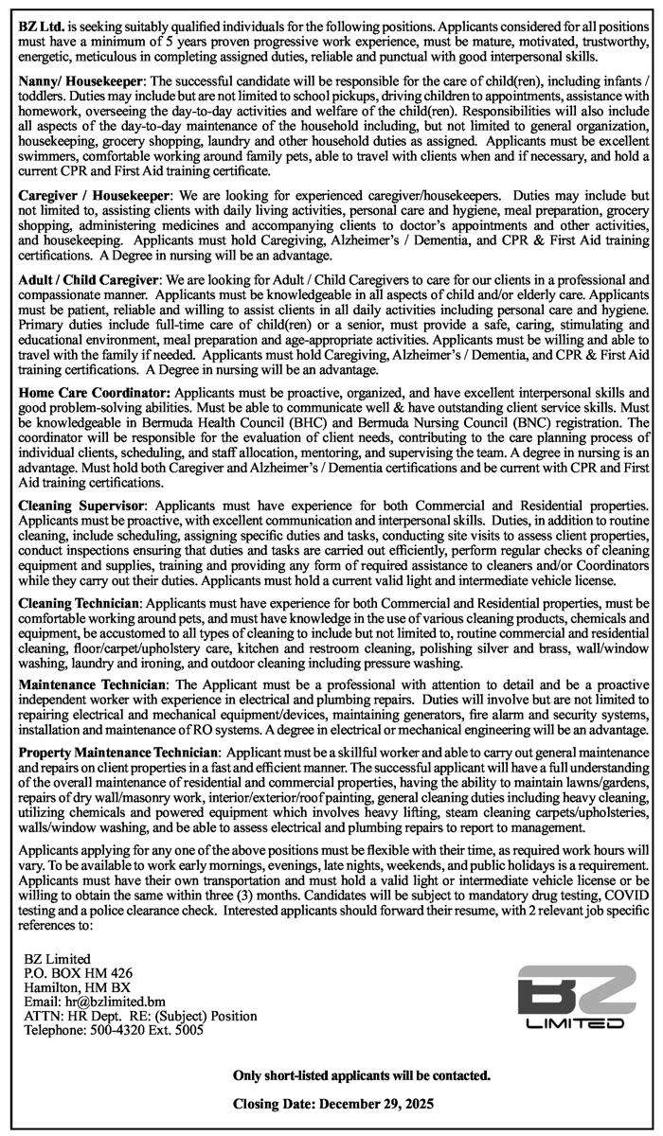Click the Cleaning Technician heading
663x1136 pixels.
[x=81, y=602]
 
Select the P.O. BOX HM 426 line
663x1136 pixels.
[x=79, y=973]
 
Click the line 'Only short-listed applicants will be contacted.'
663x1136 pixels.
[x=362, y=1076]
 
